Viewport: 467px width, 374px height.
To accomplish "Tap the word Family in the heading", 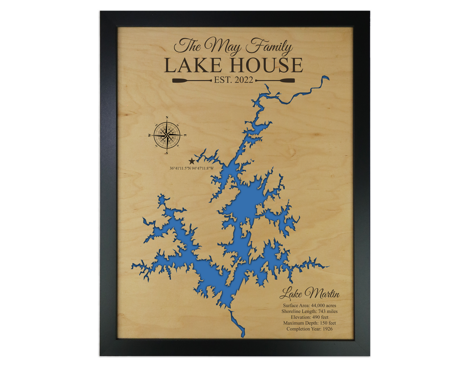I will (x=269, y=47).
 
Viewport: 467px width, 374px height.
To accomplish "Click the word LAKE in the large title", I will (x=193, y=65).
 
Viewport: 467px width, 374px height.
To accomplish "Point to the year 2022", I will (x=244, y=80).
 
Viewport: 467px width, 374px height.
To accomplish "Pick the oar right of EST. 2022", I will (x=275, y=81).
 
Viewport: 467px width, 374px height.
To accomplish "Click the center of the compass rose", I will (x=167, y=135).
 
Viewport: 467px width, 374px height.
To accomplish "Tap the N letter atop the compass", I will (x=167, y=117).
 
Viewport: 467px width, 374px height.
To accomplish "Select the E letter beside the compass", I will (x=185, y=136).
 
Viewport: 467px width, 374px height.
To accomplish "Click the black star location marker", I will (x=192, y=161).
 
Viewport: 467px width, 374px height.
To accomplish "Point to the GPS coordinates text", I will (x=192, y=168).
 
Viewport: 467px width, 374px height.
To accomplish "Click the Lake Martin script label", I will (x=309, y=294).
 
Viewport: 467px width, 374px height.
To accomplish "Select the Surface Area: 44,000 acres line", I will (x=309, y=306).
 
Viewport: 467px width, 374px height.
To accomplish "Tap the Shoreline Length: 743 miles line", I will (x=309, y=311).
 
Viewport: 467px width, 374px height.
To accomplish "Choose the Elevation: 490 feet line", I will (x=309, y=317).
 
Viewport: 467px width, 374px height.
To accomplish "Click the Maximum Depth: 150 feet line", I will (x=309, y=323).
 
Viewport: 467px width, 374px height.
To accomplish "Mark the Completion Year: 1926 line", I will (x=309, y=329).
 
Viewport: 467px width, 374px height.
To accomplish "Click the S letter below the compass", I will (x=167, y=153).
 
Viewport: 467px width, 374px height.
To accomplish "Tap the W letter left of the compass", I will (x=150, y=136).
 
